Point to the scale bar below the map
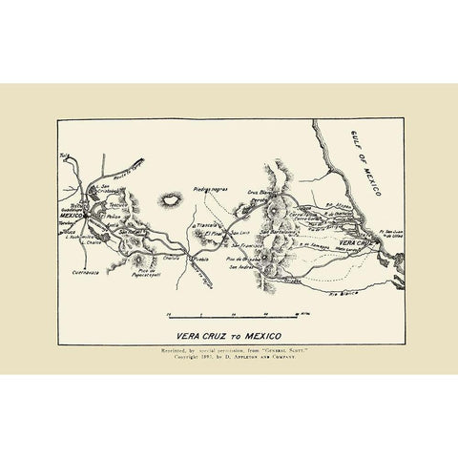click(230, 313)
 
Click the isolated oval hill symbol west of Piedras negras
click(174, 200)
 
